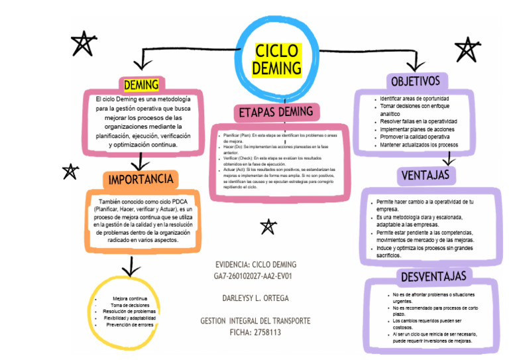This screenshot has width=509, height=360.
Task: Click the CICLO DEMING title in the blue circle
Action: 278,60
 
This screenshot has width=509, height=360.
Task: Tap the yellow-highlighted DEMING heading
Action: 141,85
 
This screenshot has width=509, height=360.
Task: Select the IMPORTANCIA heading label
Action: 141,179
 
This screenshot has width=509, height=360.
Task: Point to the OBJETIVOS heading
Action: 416,81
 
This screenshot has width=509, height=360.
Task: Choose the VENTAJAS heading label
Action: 426,175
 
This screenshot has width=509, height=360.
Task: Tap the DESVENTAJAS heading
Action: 433,276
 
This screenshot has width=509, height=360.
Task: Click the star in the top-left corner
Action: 82,44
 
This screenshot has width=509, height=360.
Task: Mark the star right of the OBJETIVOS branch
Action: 468,49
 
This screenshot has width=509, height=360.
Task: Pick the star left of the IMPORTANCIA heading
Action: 70,172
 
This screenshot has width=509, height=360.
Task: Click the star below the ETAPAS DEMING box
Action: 268,227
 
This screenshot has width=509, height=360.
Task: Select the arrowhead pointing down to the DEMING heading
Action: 141,64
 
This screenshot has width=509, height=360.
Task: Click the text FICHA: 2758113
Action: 255,332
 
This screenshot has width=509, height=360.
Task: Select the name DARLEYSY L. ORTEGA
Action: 255,298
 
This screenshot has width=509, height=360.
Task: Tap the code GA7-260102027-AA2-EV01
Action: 255,276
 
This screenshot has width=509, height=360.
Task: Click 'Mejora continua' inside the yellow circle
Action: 130,299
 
